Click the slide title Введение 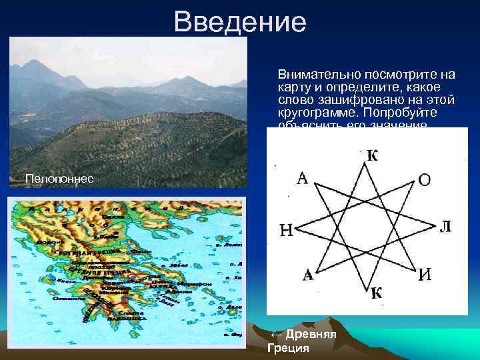240,22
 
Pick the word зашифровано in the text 347,100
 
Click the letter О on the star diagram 424,180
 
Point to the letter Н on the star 285,231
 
